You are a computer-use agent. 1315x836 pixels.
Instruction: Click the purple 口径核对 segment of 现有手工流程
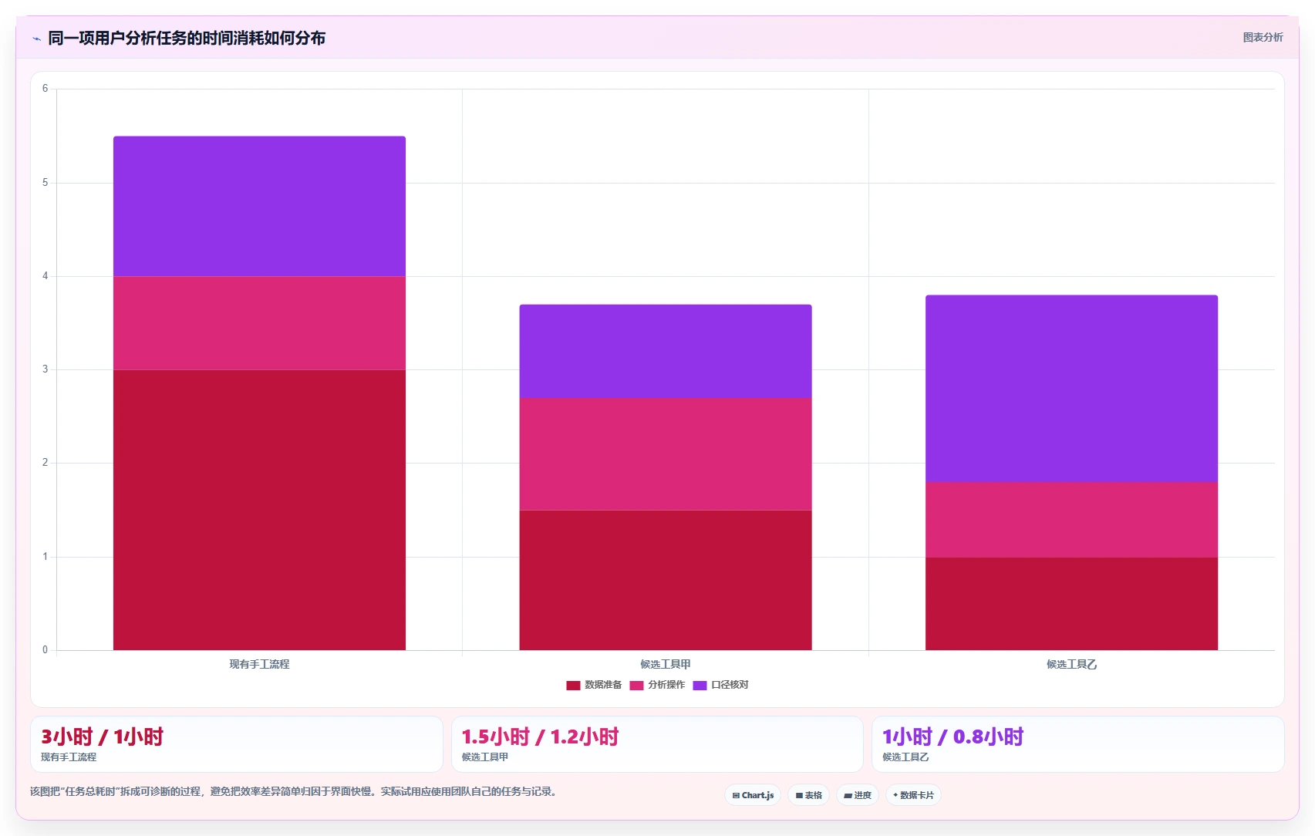(259, 206)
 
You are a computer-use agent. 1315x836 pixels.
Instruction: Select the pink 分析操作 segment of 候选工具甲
(665, 453)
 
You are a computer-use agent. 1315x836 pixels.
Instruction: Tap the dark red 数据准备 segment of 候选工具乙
(1071, 604)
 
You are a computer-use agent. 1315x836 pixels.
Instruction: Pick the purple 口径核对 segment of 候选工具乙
(1071, 389)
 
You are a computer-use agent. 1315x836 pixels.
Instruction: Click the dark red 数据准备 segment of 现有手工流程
(259, 511)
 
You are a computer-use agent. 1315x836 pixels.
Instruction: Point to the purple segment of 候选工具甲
(665, 351)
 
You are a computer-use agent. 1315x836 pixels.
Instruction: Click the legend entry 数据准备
(594, 685)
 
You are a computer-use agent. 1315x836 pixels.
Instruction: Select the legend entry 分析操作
(657, 685)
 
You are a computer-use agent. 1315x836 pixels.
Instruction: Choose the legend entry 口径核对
(720, 685)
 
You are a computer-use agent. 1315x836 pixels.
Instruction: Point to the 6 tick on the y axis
(46, 89)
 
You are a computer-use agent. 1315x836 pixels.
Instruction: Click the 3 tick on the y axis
(46, 369)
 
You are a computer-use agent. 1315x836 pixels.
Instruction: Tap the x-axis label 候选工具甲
(665, 664)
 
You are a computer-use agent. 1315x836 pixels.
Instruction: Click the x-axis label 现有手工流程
(259, 664)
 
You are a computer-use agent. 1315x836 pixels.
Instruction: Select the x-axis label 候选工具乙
(1071, 664)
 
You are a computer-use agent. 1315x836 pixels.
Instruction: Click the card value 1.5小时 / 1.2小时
(540, 737)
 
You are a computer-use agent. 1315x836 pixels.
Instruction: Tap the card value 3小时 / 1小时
(102, 737)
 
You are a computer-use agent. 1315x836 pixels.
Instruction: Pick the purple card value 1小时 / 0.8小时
(953, 737)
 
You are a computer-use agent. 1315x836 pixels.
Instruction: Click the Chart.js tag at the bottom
(753, 795)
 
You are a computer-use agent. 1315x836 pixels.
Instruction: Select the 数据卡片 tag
(913, 795)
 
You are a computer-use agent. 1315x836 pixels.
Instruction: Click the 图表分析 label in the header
(1263, 38)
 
